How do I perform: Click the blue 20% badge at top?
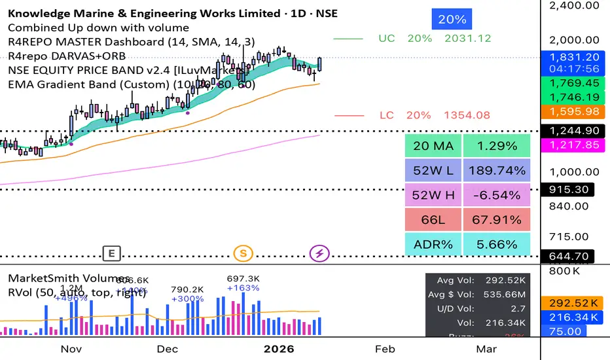coord(452,20)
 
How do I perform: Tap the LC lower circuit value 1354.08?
coord(467,115)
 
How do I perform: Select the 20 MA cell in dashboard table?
coord(433,145)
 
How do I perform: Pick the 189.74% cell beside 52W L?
coord(495,170)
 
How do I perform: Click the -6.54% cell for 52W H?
coord(495,194)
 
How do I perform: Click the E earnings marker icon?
coord(112,253)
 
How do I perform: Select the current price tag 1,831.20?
coord(574,57)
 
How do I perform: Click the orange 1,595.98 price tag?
coord(574,112)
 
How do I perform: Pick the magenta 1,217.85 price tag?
coord(574,145)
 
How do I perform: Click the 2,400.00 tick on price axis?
coord(574,5)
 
